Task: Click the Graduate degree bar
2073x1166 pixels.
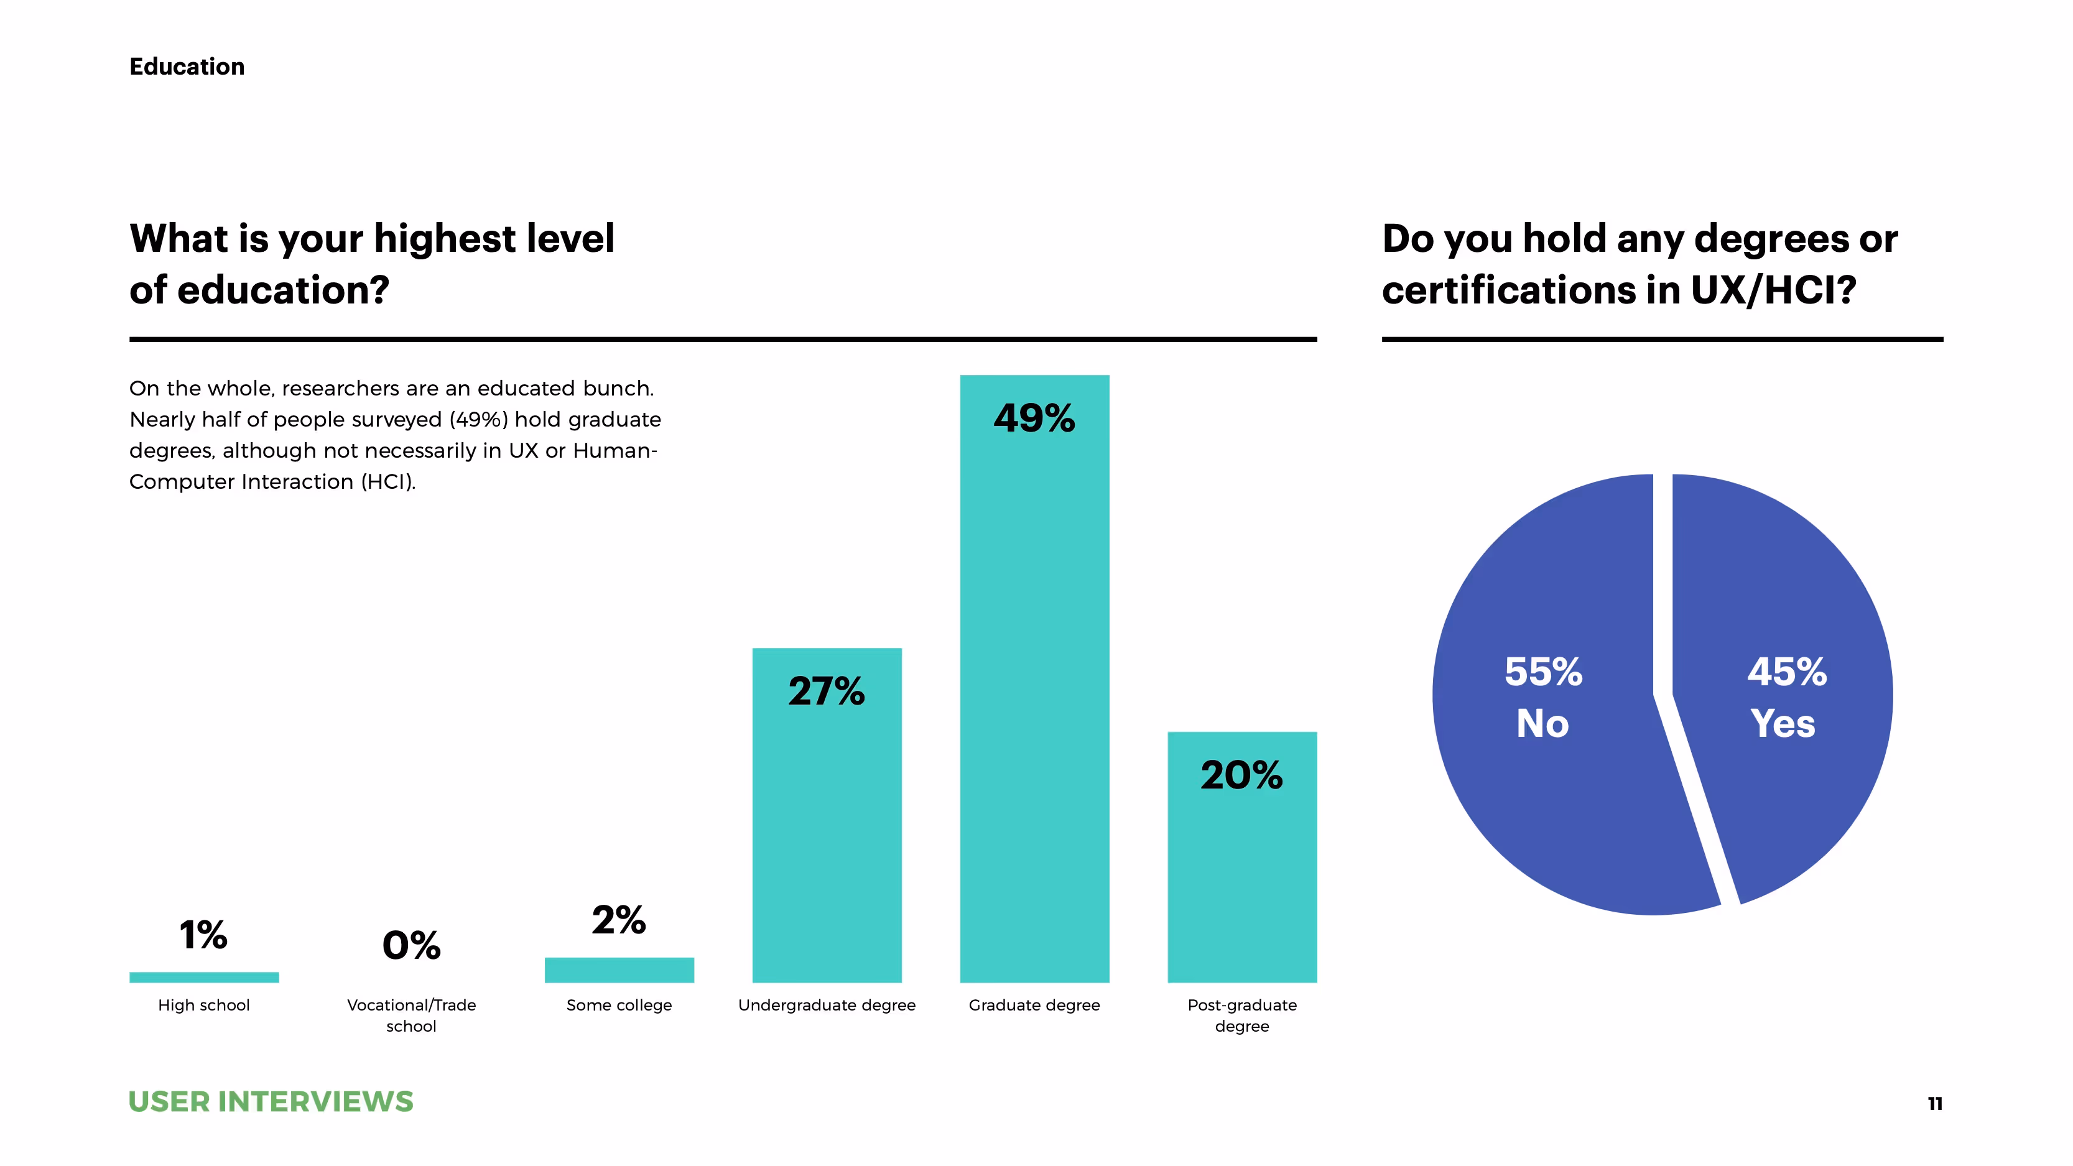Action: click(x=1034, y=708)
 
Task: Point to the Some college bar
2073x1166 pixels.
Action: click(x=619, y=969)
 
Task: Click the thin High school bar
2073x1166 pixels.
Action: click(x=203, y=977)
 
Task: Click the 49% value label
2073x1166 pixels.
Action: click(x=1034, y=419)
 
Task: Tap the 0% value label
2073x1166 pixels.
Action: click(x=411, y=945)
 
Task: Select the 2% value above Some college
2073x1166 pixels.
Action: click(x=619, y=920)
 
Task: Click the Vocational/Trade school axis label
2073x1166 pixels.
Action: click(x=411, y=1015)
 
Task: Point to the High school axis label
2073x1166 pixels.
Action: click(x=203, y=1005)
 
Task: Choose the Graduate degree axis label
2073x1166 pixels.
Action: click(x=1034, y=1005)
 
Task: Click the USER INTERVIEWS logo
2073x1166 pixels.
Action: click(x=271, y=1101)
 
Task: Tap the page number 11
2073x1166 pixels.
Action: click(x=1934, y=1104)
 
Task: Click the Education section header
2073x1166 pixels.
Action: click(x=187, y=67)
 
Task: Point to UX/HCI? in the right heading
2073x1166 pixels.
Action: click(x=1773, y=290)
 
